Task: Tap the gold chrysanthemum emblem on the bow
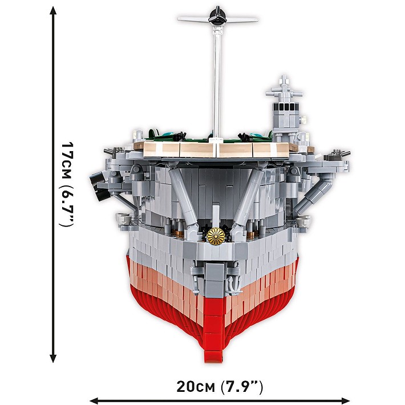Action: pos(217,235)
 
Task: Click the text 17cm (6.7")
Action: pos(68,184)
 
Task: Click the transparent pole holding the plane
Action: pos(217,80)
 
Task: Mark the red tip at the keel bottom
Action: pos(218,359)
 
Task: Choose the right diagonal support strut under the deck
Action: pos(251,194)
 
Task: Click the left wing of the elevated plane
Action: pos(194,19)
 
